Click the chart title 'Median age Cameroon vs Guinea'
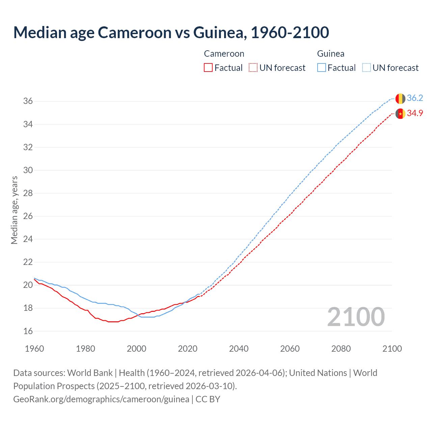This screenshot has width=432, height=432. (171, 32)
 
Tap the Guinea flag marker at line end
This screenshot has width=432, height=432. (400, 99)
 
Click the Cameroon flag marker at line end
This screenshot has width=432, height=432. (400, 114)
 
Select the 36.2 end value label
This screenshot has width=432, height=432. (415, 98)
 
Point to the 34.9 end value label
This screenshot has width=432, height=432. (415, 113)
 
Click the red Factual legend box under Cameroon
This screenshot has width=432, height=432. (208, 68)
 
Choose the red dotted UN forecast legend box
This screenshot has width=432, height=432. (253, 68)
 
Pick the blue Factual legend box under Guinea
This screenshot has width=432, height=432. (322, 68)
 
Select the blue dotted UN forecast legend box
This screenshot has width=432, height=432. (366, 68)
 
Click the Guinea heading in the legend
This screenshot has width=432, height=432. (330, 54)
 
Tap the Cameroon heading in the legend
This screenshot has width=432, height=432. (224, 54)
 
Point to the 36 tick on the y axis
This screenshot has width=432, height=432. (28, 101)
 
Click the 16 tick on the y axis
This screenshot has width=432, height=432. (28, 331)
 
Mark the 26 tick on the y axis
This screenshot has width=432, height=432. (28, 216)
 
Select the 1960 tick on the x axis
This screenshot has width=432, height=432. (34, 349)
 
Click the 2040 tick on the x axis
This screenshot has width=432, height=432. (239, 349)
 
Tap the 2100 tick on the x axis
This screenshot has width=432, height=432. (392, 349)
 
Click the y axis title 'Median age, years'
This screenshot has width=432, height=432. (14, 210)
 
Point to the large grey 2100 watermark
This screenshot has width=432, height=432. (356, 317)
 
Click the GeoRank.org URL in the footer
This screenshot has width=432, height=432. (101, 399)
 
